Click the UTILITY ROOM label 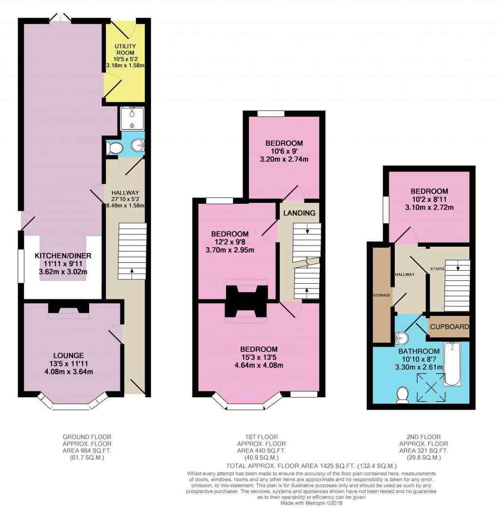pos(125,49)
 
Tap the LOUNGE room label pos(69,355)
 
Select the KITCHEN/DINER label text pos(63,255)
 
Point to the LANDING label pos(299,213)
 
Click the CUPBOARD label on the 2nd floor pos(449,327)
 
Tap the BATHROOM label pos(419,351)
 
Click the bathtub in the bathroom pos(452,364)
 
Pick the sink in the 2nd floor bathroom pos(402,338)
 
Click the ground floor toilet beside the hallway pos(114,148)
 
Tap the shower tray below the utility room pos(132,118)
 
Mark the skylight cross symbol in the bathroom pos(431,387)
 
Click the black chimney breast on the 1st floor pos(247,301)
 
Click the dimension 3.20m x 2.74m pos(284,159)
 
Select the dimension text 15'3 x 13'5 pos(259,357)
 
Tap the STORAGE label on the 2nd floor pos(382,295)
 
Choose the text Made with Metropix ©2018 pos(311,503)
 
